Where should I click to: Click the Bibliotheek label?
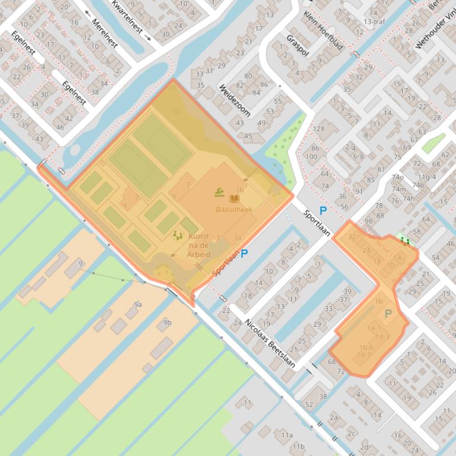(x=234, y=210)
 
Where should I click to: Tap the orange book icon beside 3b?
(x=233, y=199)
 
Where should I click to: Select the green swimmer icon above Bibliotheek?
(x=219, y=192)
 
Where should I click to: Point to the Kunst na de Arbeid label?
(x=198, y=245)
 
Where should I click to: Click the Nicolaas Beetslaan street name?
(x=270, y=343)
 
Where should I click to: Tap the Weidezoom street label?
(x=235, y=100)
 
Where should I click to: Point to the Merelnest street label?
(x=104, y=33)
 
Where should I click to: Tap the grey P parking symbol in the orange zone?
(x=388, y=313)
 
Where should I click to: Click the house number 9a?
(x=137, y=304)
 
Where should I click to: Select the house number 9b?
(x=167, y=323)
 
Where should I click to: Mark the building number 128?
(x=319, y=129)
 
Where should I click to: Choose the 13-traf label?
(x=374, y=21)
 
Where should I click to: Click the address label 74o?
(x=397, y=178)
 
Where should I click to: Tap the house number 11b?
(x=298, y=446)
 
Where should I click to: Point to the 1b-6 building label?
(x=365, y=347)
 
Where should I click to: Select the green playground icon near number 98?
(x=405, y=240)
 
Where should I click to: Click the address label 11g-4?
(x=426, y=176)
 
